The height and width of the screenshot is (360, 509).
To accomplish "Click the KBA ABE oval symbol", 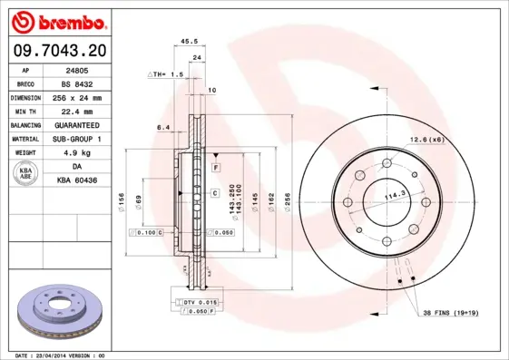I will [25, 173].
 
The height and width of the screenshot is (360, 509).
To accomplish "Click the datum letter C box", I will [215, 193].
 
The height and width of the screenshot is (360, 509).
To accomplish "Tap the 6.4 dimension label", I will [163, 128].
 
